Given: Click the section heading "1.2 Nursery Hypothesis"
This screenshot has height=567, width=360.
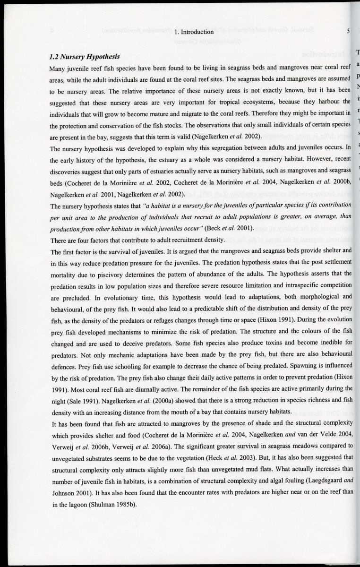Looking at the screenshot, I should click(85, 57).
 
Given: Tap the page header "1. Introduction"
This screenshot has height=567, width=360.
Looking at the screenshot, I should click(194, 32).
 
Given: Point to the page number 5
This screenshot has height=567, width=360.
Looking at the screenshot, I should click(348, 32).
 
